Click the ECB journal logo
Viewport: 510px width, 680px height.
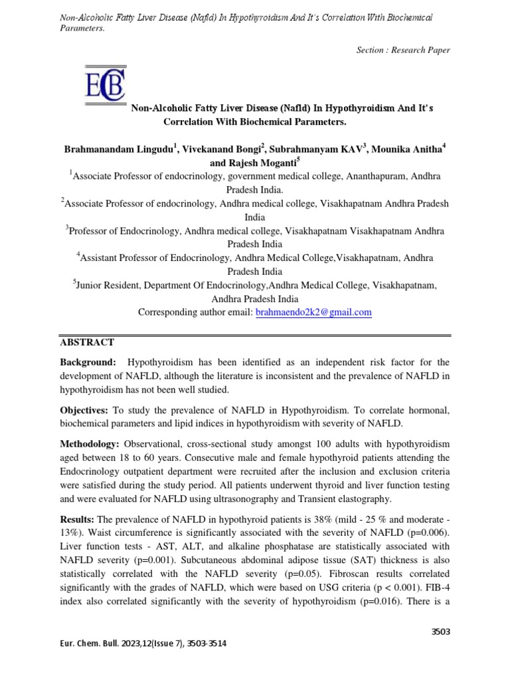pos(105,90)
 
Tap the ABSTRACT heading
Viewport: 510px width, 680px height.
pos(87,342)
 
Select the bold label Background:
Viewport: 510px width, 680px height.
pos(88,362)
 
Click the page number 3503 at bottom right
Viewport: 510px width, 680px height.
pos(441,632)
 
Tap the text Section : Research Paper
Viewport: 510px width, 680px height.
pos(403,50)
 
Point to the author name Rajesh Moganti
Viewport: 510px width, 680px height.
pos(265,163)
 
